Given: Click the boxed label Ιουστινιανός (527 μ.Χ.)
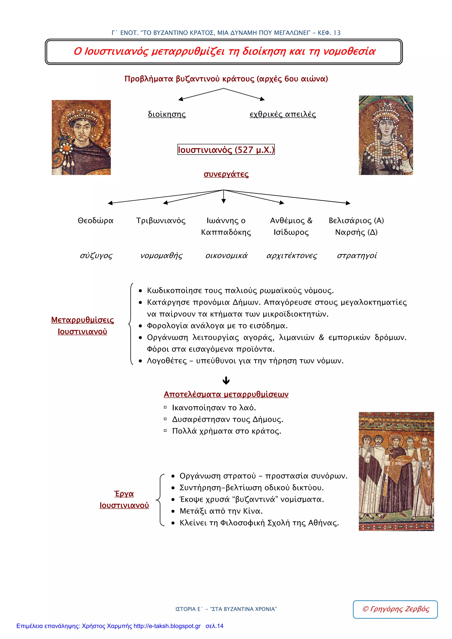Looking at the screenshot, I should click(x=226, y=150).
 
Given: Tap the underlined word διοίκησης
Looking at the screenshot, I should click(x=167, y=114).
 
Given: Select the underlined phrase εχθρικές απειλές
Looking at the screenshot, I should click(x=283, y=114).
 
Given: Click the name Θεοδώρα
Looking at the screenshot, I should click(x=96, y=220).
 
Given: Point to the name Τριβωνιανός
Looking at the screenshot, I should click(x=161, y=220).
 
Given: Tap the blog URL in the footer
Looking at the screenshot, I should click(x=167, y=626).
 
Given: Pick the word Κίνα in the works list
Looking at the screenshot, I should click(x=252, y=511).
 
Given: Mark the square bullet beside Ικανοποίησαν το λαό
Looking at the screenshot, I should click(x=165, y=407).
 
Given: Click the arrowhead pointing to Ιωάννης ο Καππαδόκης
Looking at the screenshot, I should click(x=223, y=201).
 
